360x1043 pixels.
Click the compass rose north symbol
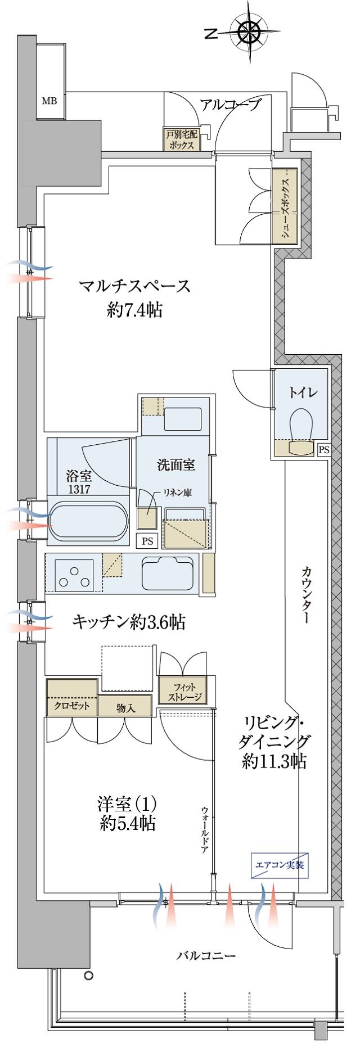[248, 33]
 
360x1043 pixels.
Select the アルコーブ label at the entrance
[231, 105]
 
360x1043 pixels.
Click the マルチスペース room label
[135, 287]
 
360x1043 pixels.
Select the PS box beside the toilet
[324, 449]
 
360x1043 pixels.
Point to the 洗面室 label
[175, 465]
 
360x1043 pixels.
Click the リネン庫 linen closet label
[177, 493]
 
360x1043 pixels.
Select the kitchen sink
[169, 572]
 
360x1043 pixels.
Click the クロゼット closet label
[71, 706]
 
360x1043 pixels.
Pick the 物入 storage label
[125, 707]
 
